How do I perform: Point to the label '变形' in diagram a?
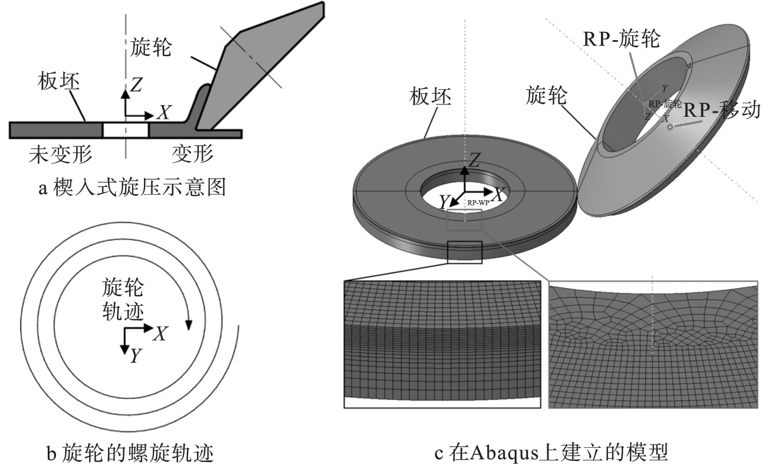(192, 155)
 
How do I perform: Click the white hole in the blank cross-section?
(125, 130)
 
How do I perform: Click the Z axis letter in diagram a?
(136, 86)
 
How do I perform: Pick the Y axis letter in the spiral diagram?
(135, 355)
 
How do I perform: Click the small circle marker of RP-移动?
(669, 127)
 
